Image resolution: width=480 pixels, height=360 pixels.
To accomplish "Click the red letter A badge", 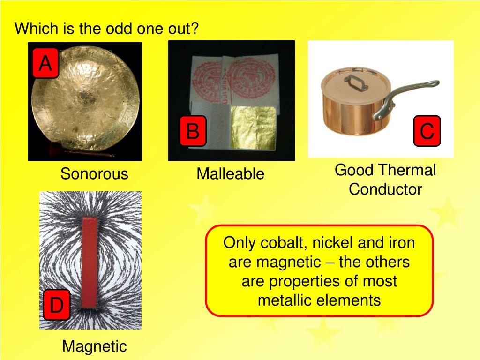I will (x=45, y=63).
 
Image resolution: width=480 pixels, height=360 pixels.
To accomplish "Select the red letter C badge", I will (x=427, y=130).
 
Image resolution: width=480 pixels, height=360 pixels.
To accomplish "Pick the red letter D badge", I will (x=57, y=306).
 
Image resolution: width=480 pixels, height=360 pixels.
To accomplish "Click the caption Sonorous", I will (x=94, y=174).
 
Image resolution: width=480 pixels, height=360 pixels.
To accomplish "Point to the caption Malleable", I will (x=230, y=174).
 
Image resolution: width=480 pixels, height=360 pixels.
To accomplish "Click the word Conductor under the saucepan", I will (x=385, y=189).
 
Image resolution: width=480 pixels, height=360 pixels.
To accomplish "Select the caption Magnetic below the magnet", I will (x=94, y=346).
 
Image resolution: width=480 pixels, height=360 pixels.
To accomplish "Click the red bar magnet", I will (x=90, y=262).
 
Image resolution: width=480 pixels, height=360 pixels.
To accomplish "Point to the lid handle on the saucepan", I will (x=354, y=83).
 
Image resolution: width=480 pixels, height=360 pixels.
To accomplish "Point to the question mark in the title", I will (x=195, y=29).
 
